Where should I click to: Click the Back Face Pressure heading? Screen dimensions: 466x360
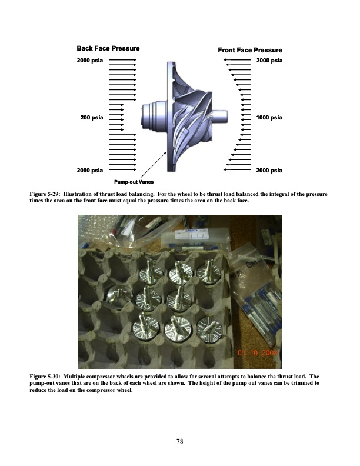pyautogui.click(x=108, y=48)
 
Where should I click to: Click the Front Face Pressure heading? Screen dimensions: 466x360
pyautogui.click(x=250, y=50)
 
